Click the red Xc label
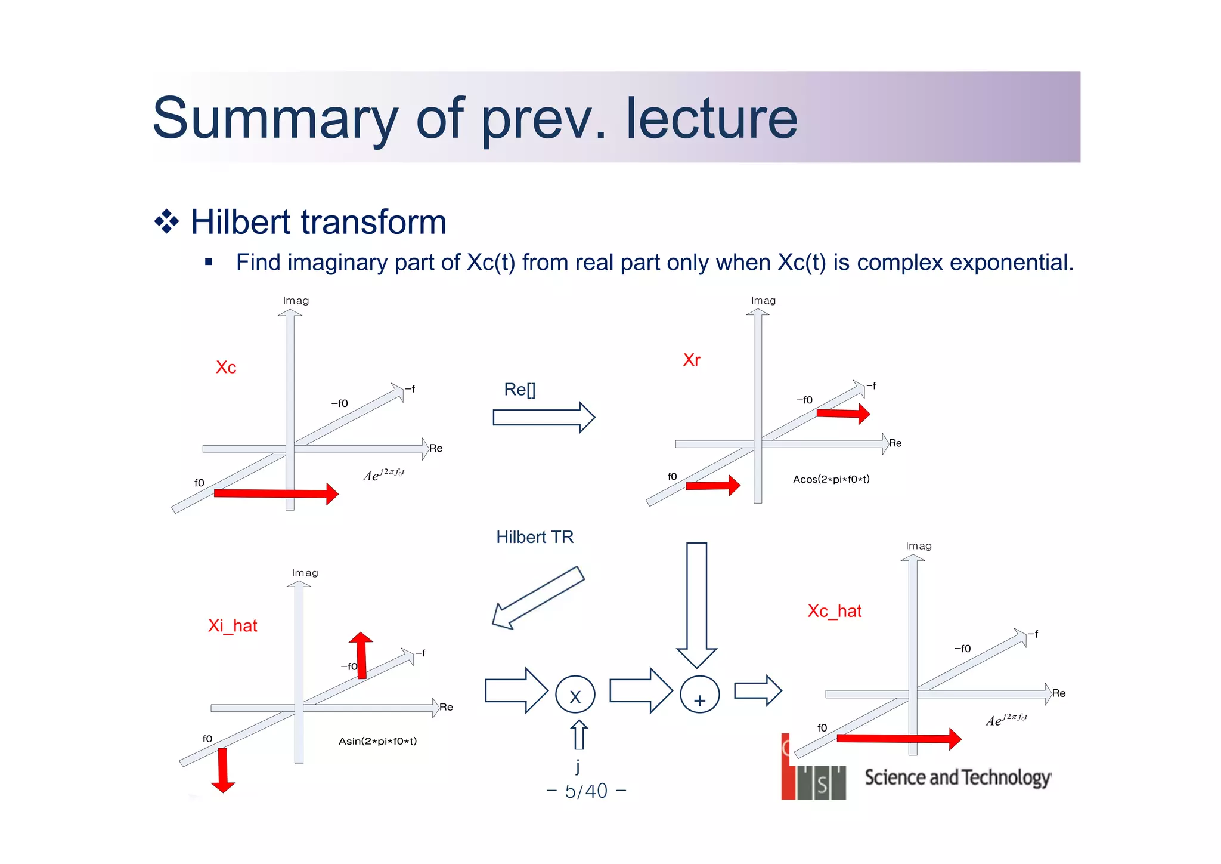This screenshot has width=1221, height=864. (x=226, y=367)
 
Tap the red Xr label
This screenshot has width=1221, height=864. (x=692, y=360)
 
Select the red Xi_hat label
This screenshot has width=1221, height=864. (x=233, y=625)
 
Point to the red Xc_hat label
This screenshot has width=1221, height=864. (x=834, y=611)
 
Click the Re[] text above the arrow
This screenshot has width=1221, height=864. (x=520, y=390)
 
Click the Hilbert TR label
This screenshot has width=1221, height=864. (x=535, y=537)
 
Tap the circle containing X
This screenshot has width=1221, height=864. (x=575, y=695)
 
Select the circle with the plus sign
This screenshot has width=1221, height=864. (x=700, y=695)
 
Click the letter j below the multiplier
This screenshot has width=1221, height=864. (x=578, y=766)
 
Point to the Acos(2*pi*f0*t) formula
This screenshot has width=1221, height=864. (x=831, y=479)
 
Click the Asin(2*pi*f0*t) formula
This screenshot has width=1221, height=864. (x=377, y=741)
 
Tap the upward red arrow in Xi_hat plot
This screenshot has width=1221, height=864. (x=361, y=655)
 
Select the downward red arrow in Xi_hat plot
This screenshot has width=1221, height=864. (x=223, y=770)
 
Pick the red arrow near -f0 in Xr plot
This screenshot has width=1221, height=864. (x=842, y=413)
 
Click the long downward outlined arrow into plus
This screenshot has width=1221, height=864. (x=696, y=603)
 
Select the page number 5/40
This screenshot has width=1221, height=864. (x=586, y=791)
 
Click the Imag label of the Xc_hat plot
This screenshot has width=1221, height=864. (x=918, y=546)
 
